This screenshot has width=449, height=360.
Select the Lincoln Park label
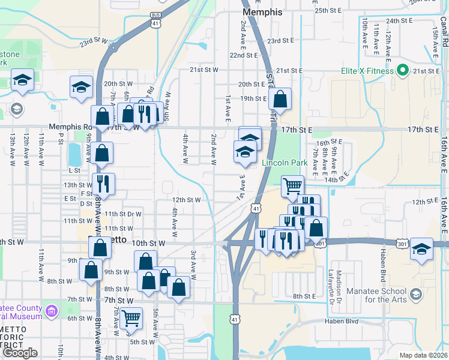[285, 163]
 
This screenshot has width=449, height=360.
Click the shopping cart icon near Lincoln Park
[292, 185]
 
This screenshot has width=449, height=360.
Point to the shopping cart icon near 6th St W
[131, 317]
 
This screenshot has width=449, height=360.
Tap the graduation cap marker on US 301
[422, 248]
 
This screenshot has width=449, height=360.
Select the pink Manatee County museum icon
[52, 311]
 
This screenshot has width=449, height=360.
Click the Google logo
[20, 353]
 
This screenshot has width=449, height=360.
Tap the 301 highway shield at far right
[403, 244]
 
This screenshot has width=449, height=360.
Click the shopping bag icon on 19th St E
[280, 98]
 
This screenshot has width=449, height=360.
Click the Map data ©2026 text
[423, 355]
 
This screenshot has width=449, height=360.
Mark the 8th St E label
[304, 296]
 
